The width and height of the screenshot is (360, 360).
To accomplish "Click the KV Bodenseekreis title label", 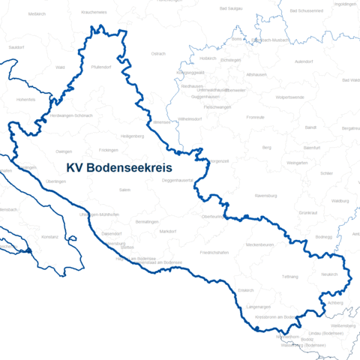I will coord(119,168).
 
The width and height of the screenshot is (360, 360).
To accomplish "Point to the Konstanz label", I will coord(49,236).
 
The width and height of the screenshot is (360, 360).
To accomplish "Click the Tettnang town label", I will coord(289,276).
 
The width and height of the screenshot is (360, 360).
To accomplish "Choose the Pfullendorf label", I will coord(101,67).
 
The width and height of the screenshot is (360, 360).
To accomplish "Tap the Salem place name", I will coord(124,190).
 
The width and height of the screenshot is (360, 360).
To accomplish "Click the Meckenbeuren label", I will coord(261,244).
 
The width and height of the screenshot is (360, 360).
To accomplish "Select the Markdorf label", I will coord(168,231).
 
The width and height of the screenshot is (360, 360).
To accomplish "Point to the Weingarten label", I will coord(297,162).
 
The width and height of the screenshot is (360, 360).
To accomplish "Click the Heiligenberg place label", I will coord(132,136).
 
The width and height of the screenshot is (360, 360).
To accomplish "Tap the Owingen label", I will coord(64,151).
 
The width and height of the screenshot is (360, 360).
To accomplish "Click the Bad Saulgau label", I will coord(231,8).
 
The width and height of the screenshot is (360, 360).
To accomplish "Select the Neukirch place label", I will coord(330,274).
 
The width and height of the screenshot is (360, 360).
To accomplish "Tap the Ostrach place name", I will coord(158,53).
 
